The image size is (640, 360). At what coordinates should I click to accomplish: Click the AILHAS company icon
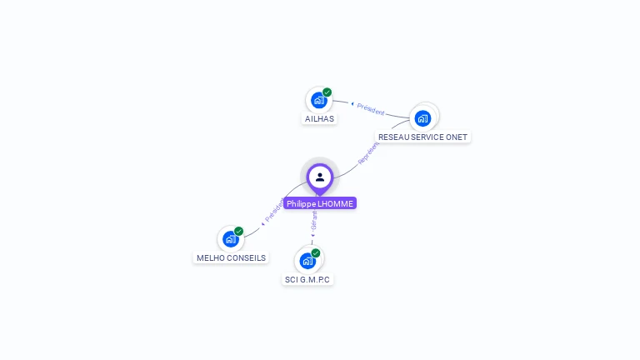click(x=318, y=100)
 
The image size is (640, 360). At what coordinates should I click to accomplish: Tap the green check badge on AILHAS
click(x=327, y=92)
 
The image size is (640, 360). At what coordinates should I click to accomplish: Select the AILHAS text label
click(x=319, y=118)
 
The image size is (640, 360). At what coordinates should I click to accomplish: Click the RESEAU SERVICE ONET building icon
click(x=422, y=118)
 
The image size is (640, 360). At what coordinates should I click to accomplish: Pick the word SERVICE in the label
click(x=429, y=137)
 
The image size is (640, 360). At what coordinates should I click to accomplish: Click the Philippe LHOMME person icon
click(x=320, y=177)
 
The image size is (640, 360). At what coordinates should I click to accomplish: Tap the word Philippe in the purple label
click(x=302, y=203)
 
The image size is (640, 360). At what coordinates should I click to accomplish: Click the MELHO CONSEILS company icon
click(x=231, y=239)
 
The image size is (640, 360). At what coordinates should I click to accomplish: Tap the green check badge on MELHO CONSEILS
click(x=239, y=231)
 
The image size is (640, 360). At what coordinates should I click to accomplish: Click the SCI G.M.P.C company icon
click(x=307, y=261)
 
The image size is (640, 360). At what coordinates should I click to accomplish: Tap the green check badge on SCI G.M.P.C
click(x=316, y=252)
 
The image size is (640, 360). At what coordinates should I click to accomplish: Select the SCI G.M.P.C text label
click(x=307, y=279)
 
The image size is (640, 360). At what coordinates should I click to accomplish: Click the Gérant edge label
click(x=314, y=222)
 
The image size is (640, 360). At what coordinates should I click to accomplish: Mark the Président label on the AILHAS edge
click(x=369, y=109)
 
